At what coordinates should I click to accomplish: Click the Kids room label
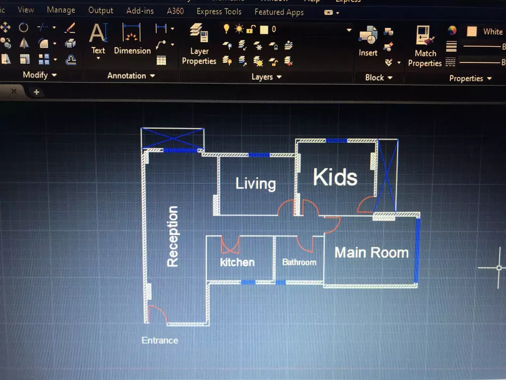pos(335,177)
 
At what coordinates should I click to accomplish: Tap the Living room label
pos(256,183)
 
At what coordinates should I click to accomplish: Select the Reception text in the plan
pos(173,236)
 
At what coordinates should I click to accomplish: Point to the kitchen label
pos(237,262)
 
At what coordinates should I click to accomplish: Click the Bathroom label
pos(299,262)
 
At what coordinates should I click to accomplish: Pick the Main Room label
pos(371,252)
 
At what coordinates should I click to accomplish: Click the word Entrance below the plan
pos(160,340)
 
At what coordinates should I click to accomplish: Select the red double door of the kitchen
pos(230,245)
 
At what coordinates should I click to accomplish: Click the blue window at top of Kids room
pos(336,140)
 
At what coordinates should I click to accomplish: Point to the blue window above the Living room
pos(259,155)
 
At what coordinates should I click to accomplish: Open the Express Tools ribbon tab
pos(219,11)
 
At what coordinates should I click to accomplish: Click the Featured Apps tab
pos(279,12)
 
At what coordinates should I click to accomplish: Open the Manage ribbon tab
pos(61,10)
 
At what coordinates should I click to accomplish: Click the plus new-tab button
pos(36,92)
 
